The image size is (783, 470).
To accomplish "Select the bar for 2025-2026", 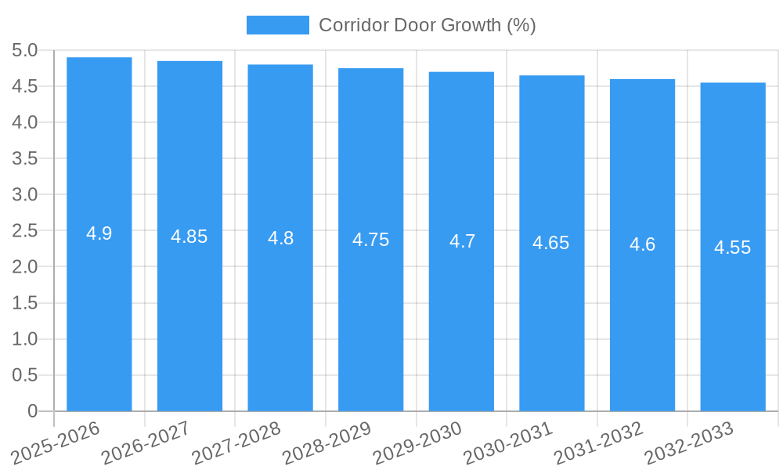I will [99, 313].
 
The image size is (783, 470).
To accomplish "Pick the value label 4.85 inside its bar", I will [189, 237].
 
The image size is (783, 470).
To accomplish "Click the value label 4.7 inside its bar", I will [462, 241].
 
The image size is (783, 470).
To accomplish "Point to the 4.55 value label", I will [733, 248].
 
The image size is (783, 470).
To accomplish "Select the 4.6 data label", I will [643, 244].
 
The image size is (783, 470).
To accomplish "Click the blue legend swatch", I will [277, 25].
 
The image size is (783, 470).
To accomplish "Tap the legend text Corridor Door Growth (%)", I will [427, 25].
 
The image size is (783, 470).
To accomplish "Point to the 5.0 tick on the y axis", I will [25, 51].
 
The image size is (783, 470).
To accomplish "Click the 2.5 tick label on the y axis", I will [25, 231].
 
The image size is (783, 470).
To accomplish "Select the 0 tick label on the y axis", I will [32, 411].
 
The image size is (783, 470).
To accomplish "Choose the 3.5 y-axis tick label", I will [25, 159].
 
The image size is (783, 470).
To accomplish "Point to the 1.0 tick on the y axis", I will [25, 339].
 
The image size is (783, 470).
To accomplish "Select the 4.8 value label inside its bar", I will [280, 238].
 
